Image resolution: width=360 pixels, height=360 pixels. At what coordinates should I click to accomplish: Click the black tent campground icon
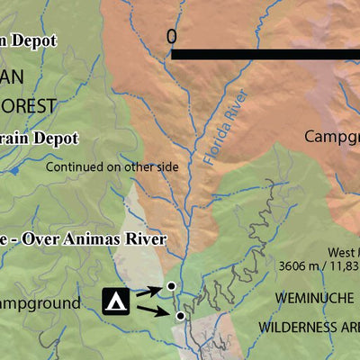[x=115, y=301]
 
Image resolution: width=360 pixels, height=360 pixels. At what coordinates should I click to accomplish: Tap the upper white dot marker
[x=170, y=286]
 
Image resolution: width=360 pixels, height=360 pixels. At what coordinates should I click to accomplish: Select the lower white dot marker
[x=180, y=316]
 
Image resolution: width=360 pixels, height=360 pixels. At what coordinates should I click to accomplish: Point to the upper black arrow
[x=148, y=291]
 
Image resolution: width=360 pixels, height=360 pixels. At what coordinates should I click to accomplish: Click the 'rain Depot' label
[x=40, y=139]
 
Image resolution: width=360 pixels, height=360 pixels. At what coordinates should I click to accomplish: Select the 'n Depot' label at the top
[x=29, y=40]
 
